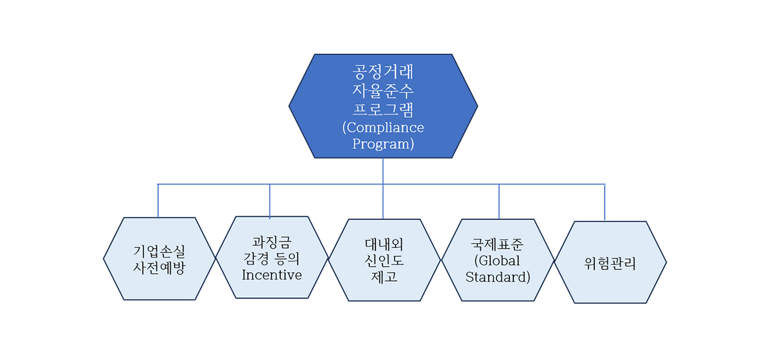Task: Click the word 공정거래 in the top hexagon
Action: pos(383,72)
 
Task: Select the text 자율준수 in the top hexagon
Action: pos(383,91)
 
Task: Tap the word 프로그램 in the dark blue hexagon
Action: pos(383,109)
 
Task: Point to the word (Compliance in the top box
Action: pos(383,128)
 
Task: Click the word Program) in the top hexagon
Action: pos(383,144)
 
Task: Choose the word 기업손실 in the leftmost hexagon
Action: pos(159,251)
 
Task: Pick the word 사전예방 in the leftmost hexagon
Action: pos(159,267)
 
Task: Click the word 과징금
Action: pos(271,242)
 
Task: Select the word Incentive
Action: pos(271,275)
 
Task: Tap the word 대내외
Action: pos(384,245)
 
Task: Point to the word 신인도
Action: pos(384,261)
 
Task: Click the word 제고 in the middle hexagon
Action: pos(384,276)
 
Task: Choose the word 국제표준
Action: pos(497,245)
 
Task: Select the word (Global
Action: pos(497,261)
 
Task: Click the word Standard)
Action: pos(498,277)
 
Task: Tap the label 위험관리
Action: pos(610,264)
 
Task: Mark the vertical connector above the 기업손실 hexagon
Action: pos(158,201)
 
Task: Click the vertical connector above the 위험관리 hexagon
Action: pos(605,203)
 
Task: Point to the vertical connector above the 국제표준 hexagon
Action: pos(499,201)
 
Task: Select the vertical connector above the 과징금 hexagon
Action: pos(269,201)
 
